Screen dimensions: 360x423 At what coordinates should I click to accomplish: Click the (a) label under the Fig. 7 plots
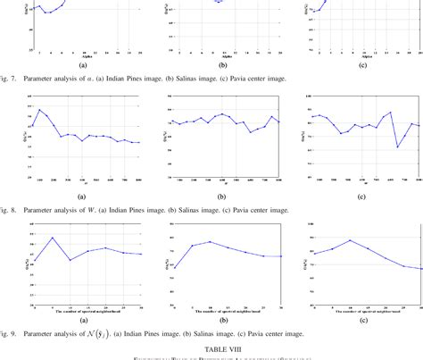82,65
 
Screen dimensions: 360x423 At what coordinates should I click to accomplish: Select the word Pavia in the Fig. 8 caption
252,211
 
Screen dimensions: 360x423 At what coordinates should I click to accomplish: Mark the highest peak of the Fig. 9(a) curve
53,238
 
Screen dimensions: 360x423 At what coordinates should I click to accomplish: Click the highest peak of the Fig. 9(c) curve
351,240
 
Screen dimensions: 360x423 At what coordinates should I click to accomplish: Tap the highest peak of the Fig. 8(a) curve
39,110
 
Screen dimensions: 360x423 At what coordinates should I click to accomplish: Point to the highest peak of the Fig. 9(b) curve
210,241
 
